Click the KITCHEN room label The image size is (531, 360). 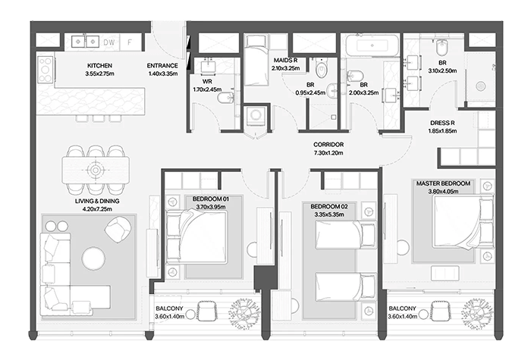pos(99,66)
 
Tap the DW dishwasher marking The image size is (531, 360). pos(109,42)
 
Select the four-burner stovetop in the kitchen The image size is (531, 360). pos(45,70)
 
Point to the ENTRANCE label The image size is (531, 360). pos(162,66)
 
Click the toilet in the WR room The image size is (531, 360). pos(225,98)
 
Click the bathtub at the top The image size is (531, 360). pos(372,45)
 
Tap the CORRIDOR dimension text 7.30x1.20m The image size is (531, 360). pos(328,152)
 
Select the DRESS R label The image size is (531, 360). pos(442,123)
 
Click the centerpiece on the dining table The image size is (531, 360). pos(96,170)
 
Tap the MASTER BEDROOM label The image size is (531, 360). pos(443,183)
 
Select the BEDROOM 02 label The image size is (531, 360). pos(328,206)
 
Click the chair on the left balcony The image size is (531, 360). pos(206,311)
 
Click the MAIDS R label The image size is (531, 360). pos(285,60)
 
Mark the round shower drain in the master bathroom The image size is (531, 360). pos(480,86)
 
